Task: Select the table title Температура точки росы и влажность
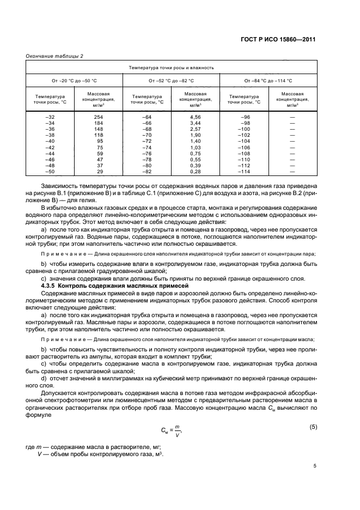[x=171, y=68]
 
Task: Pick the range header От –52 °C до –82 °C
[x=171, y=81]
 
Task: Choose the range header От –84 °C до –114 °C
[x=268, y=81]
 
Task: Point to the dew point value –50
[x=50, y=172]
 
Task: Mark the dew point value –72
[x=147, y=141]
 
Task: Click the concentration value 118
[x=98, y=135]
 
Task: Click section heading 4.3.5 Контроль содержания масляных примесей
[x=115, y=285]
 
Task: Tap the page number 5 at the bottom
[x=315, y=466]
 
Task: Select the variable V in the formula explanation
[x=44, y=455]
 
